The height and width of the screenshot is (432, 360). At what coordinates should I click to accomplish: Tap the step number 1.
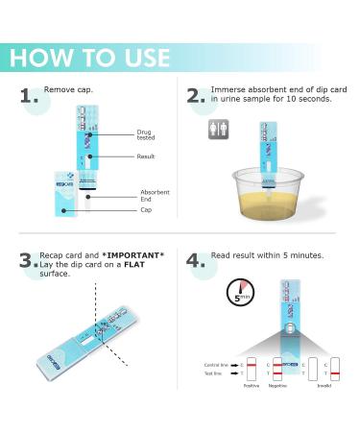30,97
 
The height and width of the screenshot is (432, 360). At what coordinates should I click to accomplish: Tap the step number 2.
196,97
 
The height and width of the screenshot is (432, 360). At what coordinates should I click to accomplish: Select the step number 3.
28,261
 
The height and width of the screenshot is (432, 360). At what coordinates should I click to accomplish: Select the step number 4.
196,261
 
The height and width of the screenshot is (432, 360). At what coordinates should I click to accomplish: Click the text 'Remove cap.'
68,90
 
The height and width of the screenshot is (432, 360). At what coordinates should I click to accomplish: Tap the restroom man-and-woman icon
218,129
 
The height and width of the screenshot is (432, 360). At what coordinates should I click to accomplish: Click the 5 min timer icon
239,292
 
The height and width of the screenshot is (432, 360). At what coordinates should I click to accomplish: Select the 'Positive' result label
252,386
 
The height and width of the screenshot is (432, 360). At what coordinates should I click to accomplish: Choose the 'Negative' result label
278,386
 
